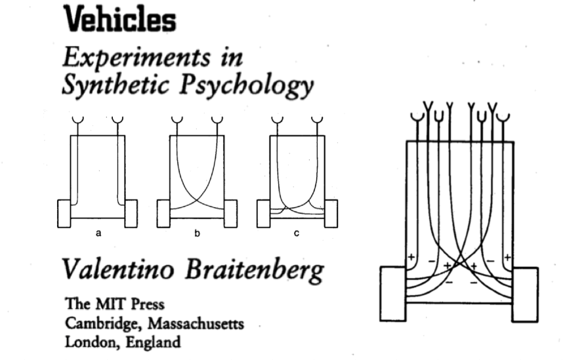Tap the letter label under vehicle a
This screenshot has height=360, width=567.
tap(98, 233)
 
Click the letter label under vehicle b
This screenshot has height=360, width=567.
tap(197, 233)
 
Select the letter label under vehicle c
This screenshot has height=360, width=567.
tap(297, 233)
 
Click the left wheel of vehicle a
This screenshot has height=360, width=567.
tap(64, 213)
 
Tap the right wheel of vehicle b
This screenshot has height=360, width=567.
tap(231, 213)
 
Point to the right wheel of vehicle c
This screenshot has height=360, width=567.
tap(331, 213)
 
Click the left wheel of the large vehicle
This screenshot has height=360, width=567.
tap(392, 293)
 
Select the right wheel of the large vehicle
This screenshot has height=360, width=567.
tap(524, 293)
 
